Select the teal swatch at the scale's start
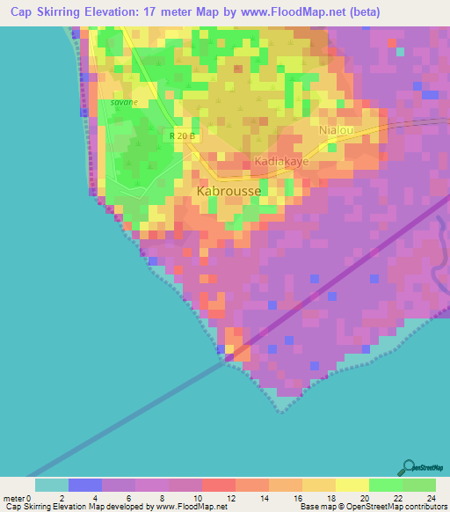[52, 484]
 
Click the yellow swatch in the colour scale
[352, 484]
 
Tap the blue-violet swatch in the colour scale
[85, 484]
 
